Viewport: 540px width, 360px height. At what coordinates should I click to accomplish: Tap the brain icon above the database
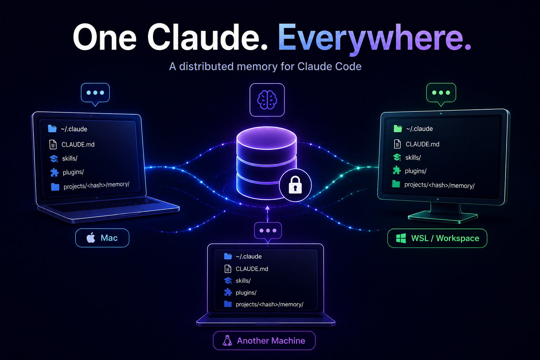point(267,100)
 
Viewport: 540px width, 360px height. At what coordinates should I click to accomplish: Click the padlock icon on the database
point(295,185)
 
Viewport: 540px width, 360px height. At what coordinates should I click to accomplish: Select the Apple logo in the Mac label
point(91,238)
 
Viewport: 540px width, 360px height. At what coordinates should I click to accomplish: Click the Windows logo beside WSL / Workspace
point(401,238)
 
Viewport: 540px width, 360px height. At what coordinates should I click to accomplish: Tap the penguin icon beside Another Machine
point(227,340)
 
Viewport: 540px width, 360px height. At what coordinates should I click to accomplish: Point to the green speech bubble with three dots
point(441,94)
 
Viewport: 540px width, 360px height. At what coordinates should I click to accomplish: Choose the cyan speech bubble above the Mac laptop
point(95,94)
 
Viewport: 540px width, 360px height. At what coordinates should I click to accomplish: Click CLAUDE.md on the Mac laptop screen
point(78,144)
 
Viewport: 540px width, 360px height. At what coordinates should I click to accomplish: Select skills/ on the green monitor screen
point(413,157)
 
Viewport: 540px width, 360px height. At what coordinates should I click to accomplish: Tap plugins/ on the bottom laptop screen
point(246,292)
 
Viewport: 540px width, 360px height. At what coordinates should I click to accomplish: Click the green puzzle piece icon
point(397,171)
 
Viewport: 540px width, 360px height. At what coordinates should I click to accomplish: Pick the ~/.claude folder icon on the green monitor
point(398,129)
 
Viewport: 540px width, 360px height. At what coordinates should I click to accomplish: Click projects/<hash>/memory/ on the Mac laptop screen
point(96,186)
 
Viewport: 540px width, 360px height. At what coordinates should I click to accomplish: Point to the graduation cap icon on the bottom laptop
point(228,281)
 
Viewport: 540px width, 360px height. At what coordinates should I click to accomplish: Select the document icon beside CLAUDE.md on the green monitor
point(397,144)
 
